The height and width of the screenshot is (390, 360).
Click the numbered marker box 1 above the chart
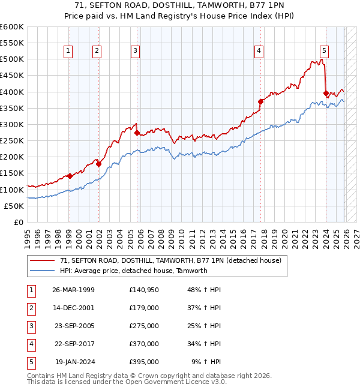point(69,51)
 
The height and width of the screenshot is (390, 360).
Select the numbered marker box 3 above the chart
point(136,51)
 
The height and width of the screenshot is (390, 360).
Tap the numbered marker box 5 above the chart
point(323,51)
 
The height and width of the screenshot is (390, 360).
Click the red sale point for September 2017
point(260,101)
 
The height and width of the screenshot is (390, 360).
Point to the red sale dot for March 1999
point(70,176)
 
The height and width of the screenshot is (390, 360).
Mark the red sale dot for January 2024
point(326,93)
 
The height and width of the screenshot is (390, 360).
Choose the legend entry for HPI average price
point(133,271)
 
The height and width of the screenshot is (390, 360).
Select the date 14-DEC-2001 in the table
point(73,308)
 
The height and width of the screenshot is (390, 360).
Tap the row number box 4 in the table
point(29,344)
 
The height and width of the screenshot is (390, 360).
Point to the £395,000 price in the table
point(143,362)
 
